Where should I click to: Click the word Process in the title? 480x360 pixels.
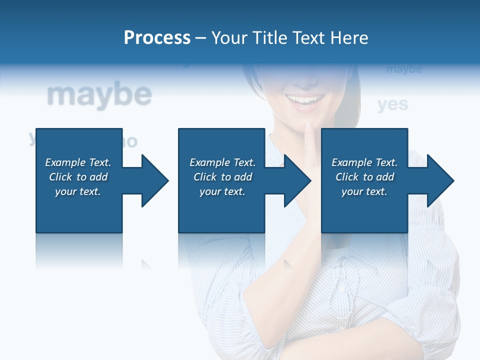pyautogui.click(x=157, y=38)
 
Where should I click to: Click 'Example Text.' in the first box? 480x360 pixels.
pyautogui.click(x=78, y=162)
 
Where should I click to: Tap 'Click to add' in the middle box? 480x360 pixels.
pyautogui.click(x=222, y=177)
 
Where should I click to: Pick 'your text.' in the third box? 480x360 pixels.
pyautogui.click(x=364, y=191)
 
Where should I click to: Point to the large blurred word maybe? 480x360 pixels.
pyautogui.click(x=99, y=95)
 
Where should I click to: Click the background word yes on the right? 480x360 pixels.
pyautogui.click(x=392, y=104)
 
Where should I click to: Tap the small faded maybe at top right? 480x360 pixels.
pyautogui.click(x=404, y=69)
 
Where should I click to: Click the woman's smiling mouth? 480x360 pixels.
pyautogui.click(x=304, y=100)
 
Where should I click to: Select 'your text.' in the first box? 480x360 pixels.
pyautogui.click(x=78, y=191)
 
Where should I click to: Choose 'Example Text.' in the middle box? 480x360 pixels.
pyautogui.click(x=222, y=162)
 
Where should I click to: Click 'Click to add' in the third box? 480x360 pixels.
pyautogui.click(x=364, y=177)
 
